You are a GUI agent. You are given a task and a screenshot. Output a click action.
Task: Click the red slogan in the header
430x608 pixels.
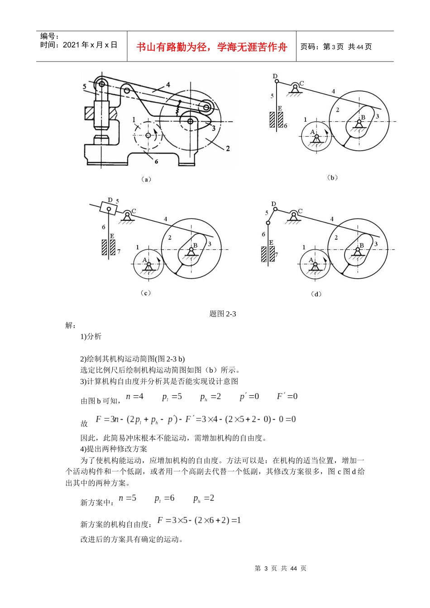pyautogui.click(x=212, y=47)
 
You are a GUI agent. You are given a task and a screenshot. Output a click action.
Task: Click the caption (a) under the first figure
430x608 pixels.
pyautogui.click(x=146, y=180)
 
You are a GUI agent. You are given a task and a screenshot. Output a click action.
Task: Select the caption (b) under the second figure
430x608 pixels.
pyautogui.click(x=332, y=178)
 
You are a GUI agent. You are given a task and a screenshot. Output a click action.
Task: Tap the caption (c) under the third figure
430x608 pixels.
pyautogui.click(x=146, y=293)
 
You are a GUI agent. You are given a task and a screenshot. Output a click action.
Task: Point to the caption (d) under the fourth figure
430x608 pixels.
pyautogui.click(x=316, y=294)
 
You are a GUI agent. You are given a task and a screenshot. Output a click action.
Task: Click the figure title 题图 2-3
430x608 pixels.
pyautogui.click(x=223, y=314)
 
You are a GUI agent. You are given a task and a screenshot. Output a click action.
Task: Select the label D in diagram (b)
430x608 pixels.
pyautogui.click(x=275, y=76)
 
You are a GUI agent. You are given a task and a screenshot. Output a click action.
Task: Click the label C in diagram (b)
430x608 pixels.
pyautogui.click(x=302, y=84)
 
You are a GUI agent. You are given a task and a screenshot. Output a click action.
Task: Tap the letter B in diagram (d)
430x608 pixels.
pyautogui.click(x=362, y=246)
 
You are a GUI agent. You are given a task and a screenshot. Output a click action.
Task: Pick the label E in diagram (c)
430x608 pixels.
pyautogui.click(x=112, y=236)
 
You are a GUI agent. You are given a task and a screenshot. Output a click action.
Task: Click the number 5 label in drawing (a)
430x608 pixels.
pyautogui.click(x=85, y=86)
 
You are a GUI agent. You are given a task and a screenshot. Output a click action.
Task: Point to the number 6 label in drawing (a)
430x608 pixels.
pyautogui.click(x=156, y=161)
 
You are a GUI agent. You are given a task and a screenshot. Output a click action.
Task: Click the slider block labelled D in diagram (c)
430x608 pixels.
pyautogui.click(x=109, y=209)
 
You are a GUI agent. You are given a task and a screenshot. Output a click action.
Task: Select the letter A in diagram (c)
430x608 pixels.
pyautogui.click(x=145, y=260)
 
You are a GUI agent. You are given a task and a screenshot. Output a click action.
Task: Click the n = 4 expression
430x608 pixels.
pyautogui.click(x=134, y=397)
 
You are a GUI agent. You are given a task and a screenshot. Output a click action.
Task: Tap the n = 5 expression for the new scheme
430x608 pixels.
pyautogui.click(x=127, y=498)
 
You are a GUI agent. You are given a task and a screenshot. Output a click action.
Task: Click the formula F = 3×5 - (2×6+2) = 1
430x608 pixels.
pyautogui.click(x=199, y=521)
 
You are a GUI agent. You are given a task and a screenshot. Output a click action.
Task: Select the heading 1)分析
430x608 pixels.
pyautogui.click(x=91, y=336)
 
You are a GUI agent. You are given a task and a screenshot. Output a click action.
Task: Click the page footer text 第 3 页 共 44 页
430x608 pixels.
pyautogui.click(x=281, y=568)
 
